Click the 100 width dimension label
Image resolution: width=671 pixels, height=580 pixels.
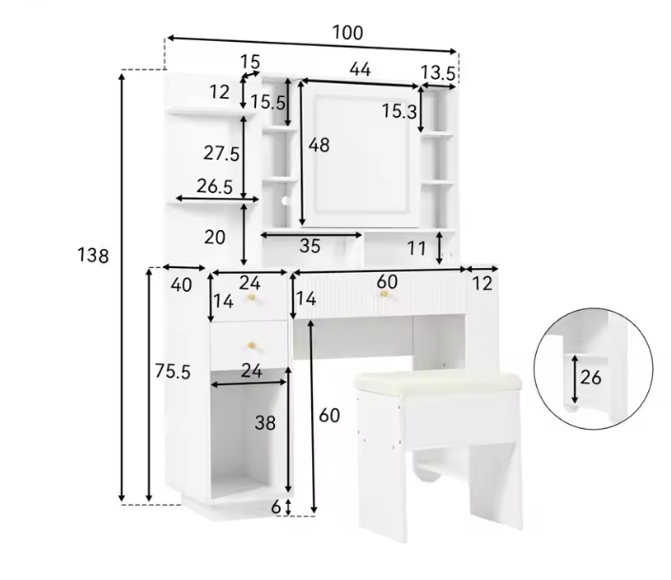347,32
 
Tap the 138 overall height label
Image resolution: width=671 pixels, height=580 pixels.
93,256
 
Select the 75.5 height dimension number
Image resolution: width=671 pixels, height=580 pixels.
172,371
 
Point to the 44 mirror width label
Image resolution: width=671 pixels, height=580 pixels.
360,68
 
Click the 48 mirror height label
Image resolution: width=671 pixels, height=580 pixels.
319,145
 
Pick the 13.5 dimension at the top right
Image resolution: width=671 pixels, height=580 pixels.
438,73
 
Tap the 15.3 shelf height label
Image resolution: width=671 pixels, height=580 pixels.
399,111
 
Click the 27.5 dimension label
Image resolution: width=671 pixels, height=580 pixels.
221,153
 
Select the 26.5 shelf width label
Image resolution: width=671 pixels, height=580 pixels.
215,186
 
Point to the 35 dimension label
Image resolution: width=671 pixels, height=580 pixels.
310,245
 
